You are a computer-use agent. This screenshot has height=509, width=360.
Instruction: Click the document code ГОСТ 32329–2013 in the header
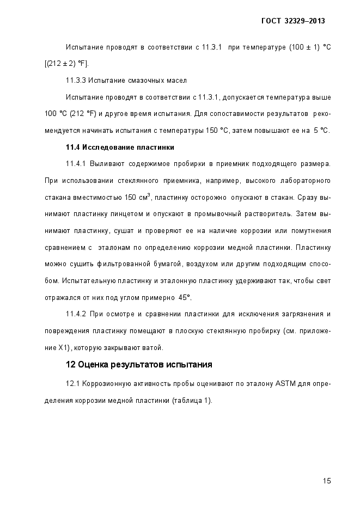point(294,21)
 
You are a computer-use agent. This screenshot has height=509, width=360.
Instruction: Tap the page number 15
point(327,480)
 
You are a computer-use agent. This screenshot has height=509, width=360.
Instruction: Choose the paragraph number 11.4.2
point(75,314)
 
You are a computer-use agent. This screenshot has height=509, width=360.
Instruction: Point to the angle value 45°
point(185,298)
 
